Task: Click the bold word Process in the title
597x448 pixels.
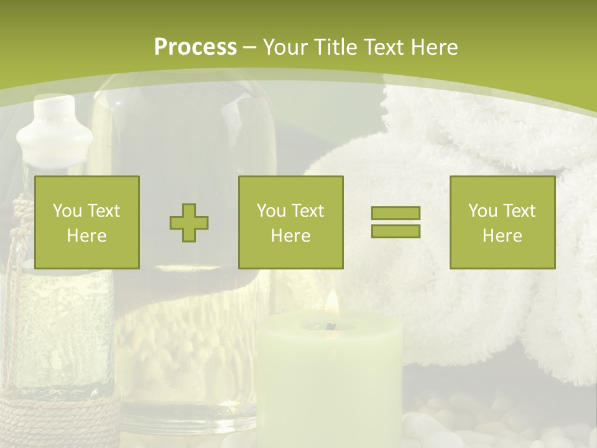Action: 195,47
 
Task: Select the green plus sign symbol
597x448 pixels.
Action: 189,223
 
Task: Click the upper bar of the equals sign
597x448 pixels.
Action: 396,213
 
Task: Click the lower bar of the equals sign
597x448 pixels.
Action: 396,231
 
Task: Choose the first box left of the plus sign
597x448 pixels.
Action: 87,223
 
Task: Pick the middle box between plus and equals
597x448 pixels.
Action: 291,223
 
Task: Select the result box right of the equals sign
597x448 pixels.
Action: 502,223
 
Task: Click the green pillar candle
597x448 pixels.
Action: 330,380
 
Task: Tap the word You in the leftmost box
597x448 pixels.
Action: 67,211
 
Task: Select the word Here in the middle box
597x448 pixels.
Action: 291,236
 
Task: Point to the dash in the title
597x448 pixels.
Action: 250,47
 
